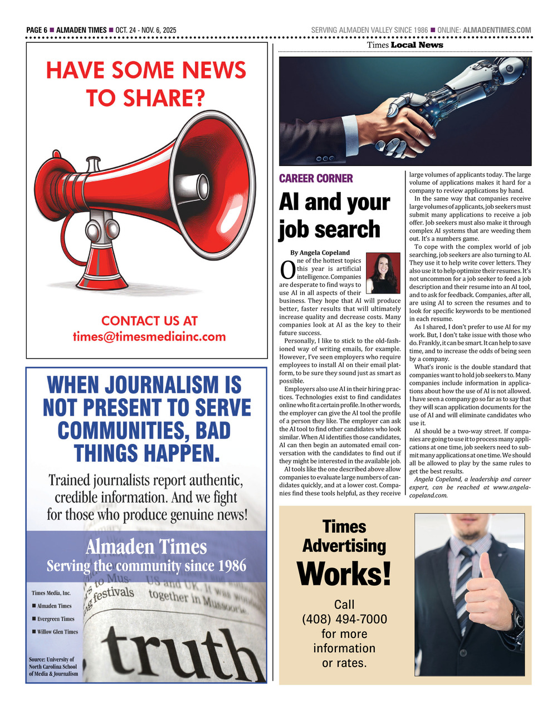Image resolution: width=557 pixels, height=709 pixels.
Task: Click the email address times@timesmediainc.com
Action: pos(149,336)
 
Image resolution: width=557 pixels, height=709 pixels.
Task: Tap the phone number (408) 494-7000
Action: pos(344,619)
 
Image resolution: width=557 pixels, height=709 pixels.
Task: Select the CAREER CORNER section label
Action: pos(316,179)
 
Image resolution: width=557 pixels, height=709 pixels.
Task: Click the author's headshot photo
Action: pos(383,273)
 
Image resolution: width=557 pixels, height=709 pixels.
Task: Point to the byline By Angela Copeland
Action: pos(320,252)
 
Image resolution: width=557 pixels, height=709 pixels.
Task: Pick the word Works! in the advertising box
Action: pos(344,574)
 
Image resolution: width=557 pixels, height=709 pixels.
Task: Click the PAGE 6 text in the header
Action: pos(37,30)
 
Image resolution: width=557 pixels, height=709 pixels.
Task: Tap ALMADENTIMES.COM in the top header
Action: pos(497,30)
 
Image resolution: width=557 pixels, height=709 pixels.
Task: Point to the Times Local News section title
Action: pos(405,45)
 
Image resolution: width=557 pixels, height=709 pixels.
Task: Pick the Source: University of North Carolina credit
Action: pos(53,667)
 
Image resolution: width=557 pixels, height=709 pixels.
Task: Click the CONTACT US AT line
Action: pos(149,321)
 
